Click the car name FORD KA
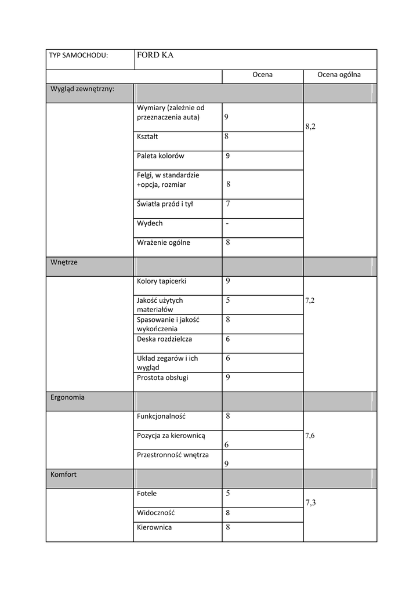(x=155, y=56)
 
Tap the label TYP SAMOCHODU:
(x=78, y=56)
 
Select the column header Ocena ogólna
(x=339, y=75)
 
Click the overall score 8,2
(x=310, y=126)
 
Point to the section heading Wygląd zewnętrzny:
(x=82, y=89)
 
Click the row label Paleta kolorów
(x=160, y=156)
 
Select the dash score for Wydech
(x=227, y=223)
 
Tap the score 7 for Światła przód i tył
(x=228, y=204)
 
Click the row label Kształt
(x=147, y=137)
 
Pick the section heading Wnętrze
(x=64, y=262)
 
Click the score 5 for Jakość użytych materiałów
(x=228, y=300)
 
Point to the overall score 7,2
(x=310, y=300)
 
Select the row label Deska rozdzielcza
(x=164, y=339)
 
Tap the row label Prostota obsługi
(x=162, y=378)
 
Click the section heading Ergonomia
(x=67, y=397)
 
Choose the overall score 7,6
(x=310, y=436)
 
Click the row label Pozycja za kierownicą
(x=171, y=436)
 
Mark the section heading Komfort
(x=63, y=475)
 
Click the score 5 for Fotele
(x=228, y=494)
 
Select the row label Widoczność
(x=155, y=513)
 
